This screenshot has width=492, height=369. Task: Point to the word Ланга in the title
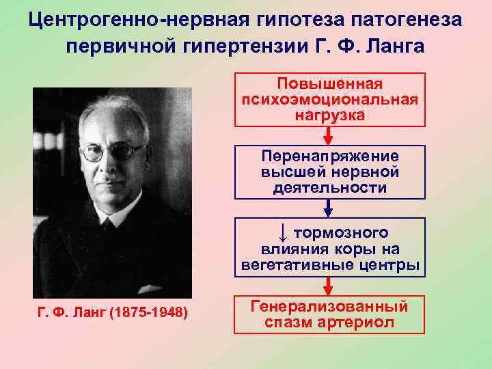coord(400,46)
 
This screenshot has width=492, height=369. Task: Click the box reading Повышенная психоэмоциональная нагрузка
coord(329,100)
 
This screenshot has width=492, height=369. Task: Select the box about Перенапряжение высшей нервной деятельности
coord(329,172)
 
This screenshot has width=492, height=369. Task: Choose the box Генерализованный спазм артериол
coord(329,314)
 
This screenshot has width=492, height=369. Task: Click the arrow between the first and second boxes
coord(329,135)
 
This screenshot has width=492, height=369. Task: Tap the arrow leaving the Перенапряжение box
coord(329,208)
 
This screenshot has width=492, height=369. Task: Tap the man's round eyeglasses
coord(111,152)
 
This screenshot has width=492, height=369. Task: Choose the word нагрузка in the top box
coord(329,115)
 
